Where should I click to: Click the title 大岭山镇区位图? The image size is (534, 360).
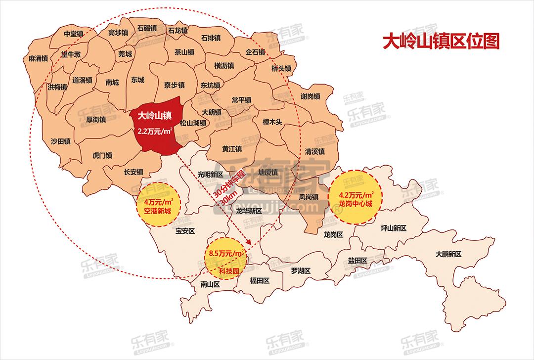coord(442,41)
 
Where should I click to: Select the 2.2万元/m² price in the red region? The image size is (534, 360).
coord(155,132)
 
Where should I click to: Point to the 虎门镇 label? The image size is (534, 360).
coord(102,155)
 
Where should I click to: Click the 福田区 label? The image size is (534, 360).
coord(259,280)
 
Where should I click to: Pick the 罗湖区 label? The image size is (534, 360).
coord(300,270)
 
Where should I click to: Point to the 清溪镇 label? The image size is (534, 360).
coord(314,151)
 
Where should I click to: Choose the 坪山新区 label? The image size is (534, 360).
coord(393,228)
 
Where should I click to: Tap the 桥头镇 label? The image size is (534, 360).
coord(281,68)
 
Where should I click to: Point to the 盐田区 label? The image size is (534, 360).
coord(357,261)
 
